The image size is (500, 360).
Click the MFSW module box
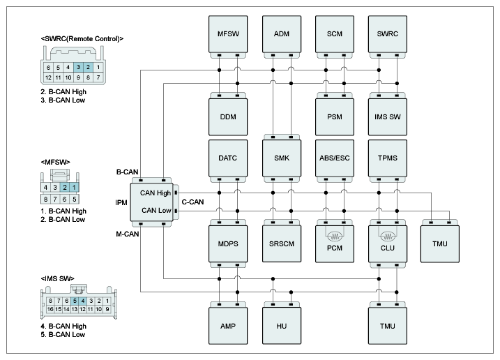(x=228, y=34)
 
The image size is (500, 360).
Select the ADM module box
(x=282, y=34)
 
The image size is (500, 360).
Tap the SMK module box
(x=282, y=158)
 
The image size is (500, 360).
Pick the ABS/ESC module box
(x=335, y=158)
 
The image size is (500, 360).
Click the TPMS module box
(x=388, y=158)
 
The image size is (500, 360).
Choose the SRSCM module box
(x=282, y=243)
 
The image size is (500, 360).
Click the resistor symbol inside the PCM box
(x=335, y=237)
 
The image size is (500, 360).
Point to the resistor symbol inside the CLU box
(x=388, y=237)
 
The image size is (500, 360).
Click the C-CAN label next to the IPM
(x=192, y=202)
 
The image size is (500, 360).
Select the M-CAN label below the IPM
(x=127, y=234)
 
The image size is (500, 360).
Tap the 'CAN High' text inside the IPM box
(x=156, y=193)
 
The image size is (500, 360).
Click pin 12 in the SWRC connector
(x=48, y=77)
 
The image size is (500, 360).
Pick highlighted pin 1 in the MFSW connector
(x=75, y=188)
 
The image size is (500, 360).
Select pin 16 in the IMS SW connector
(x=50, y=309)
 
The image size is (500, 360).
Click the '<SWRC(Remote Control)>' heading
(x=82, y=39)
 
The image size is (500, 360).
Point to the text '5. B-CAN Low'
(x=63, y=335)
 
